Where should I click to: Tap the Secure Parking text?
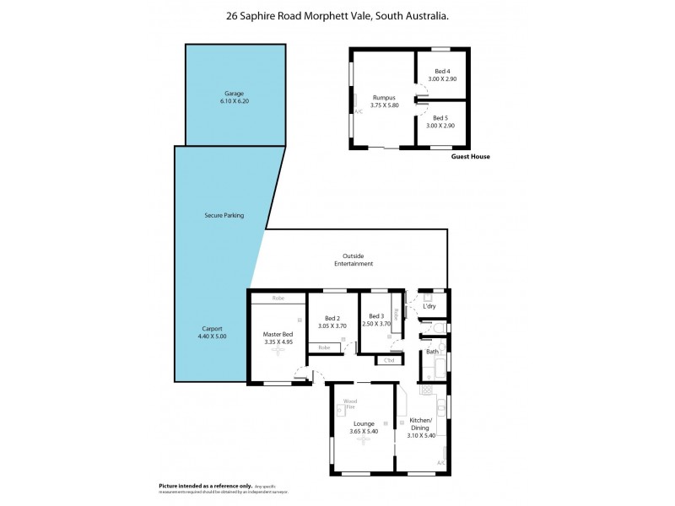pos(224,215)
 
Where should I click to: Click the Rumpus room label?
pos(385,97)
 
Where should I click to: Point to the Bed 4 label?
pos(441,71)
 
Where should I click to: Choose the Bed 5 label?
pos(441,118)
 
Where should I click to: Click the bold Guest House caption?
pos(471,157)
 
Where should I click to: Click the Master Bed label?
pos(278,334)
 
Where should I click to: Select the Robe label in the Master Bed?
pos(278,298)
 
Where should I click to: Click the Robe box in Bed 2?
pos(324,347)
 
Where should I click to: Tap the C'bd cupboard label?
pos(389,361)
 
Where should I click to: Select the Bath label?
pos(432,351)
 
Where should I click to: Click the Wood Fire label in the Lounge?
pos(349,404)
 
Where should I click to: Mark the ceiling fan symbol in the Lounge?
pos(364,441)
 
